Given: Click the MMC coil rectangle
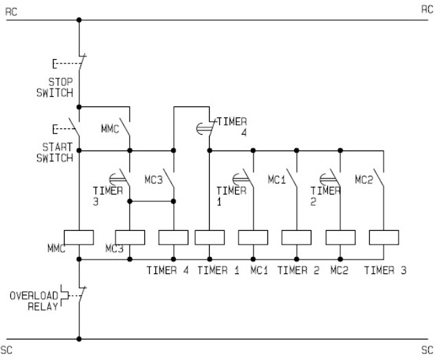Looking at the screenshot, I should tap(79, 237).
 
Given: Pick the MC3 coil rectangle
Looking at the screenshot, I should tap(130, 237).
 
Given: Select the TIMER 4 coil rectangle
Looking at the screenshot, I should tap(173, 237).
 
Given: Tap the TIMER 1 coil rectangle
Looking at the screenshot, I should tap(210, 237).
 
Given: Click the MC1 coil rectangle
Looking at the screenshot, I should tap(253, 237).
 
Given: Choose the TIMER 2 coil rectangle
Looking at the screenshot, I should tap(296, 237).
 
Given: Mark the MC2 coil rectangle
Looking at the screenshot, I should tap(340, 237).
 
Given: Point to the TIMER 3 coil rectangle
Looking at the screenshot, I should tap(384, 237).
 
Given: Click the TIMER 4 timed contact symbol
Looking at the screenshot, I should tap(207, 126).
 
